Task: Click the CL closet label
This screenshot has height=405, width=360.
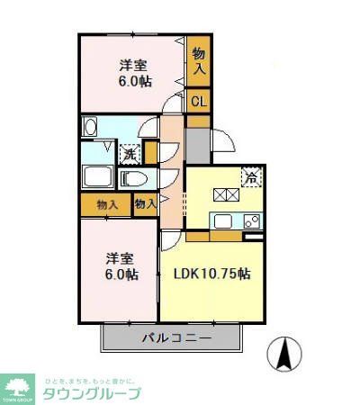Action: click(198, 102)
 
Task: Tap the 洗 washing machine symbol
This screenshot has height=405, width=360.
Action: click(130, 153)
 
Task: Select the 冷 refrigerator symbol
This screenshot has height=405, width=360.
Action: click(252, 177)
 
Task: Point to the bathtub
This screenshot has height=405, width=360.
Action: click(97, 176)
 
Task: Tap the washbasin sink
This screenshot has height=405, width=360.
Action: click(90, 128)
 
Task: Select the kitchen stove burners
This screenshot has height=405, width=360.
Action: click(252, 220)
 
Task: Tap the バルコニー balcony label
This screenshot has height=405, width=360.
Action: click(175, 339)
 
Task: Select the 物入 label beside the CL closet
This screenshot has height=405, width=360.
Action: click(198, 60)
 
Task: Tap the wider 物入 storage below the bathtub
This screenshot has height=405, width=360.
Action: click(106, 204)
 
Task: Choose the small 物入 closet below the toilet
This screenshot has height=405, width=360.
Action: click(145, 204)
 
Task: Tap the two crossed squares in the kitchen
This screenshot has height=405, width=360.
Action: click(224, 193)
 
